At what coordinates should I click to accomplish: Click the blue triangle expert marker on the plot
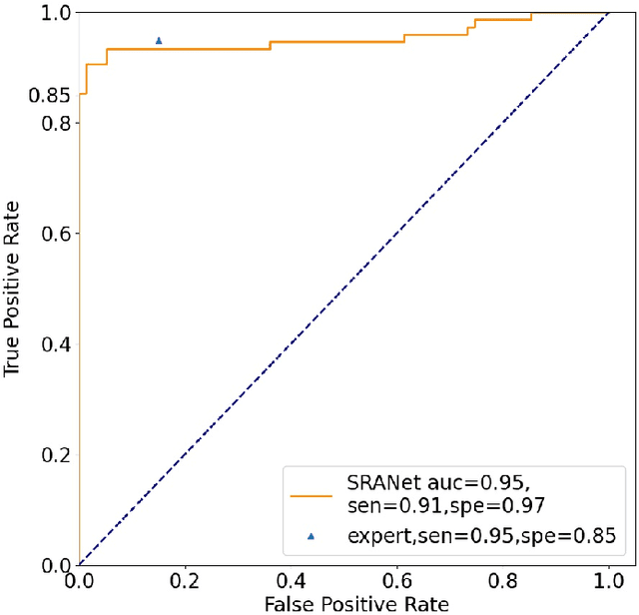pyautogui.click(x=159, y=41)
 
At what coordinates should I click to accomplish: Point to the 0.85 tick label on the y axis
pyautogui.click(x=51, y=97)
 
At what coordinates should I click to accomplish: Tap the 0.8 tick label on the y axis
pyautogui.click(x=57, y=123)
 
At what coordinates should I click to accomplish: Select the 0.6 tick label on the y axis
pyautogui.click(x=57, y=234)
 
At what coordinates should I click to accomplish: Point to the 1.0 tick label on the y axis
pyautogui.click(x=57, y=13)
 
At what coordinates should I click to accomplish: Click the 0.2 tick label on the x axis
pyautogui.click(x=185, y=580)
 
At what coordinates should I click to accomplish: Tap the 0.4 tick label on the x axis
pyautogui.click(x=291, y=580)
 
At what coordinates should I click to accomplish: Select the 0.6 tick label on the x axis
pyautogui.click(x=396, y=580)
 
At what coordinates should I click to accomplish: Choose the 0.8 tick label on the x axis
pyautogui.click(x=502, y=580)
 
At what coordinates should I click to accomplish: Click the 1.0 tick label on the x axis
pyautogui.click(x=608, y=580)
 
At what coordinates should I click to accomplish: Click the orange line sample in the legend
pyautogui.click(x=311, y=494)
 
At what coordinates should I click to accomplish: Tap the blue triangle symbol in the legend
pyautogui.click(x=311, y=536)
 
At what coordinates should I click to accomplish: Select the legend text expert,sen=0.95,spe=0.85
pyautogui.click(x=477, y=536)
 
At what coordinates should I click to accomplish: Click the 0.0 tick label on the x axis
pyautogui.click(x=79, y=580)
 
